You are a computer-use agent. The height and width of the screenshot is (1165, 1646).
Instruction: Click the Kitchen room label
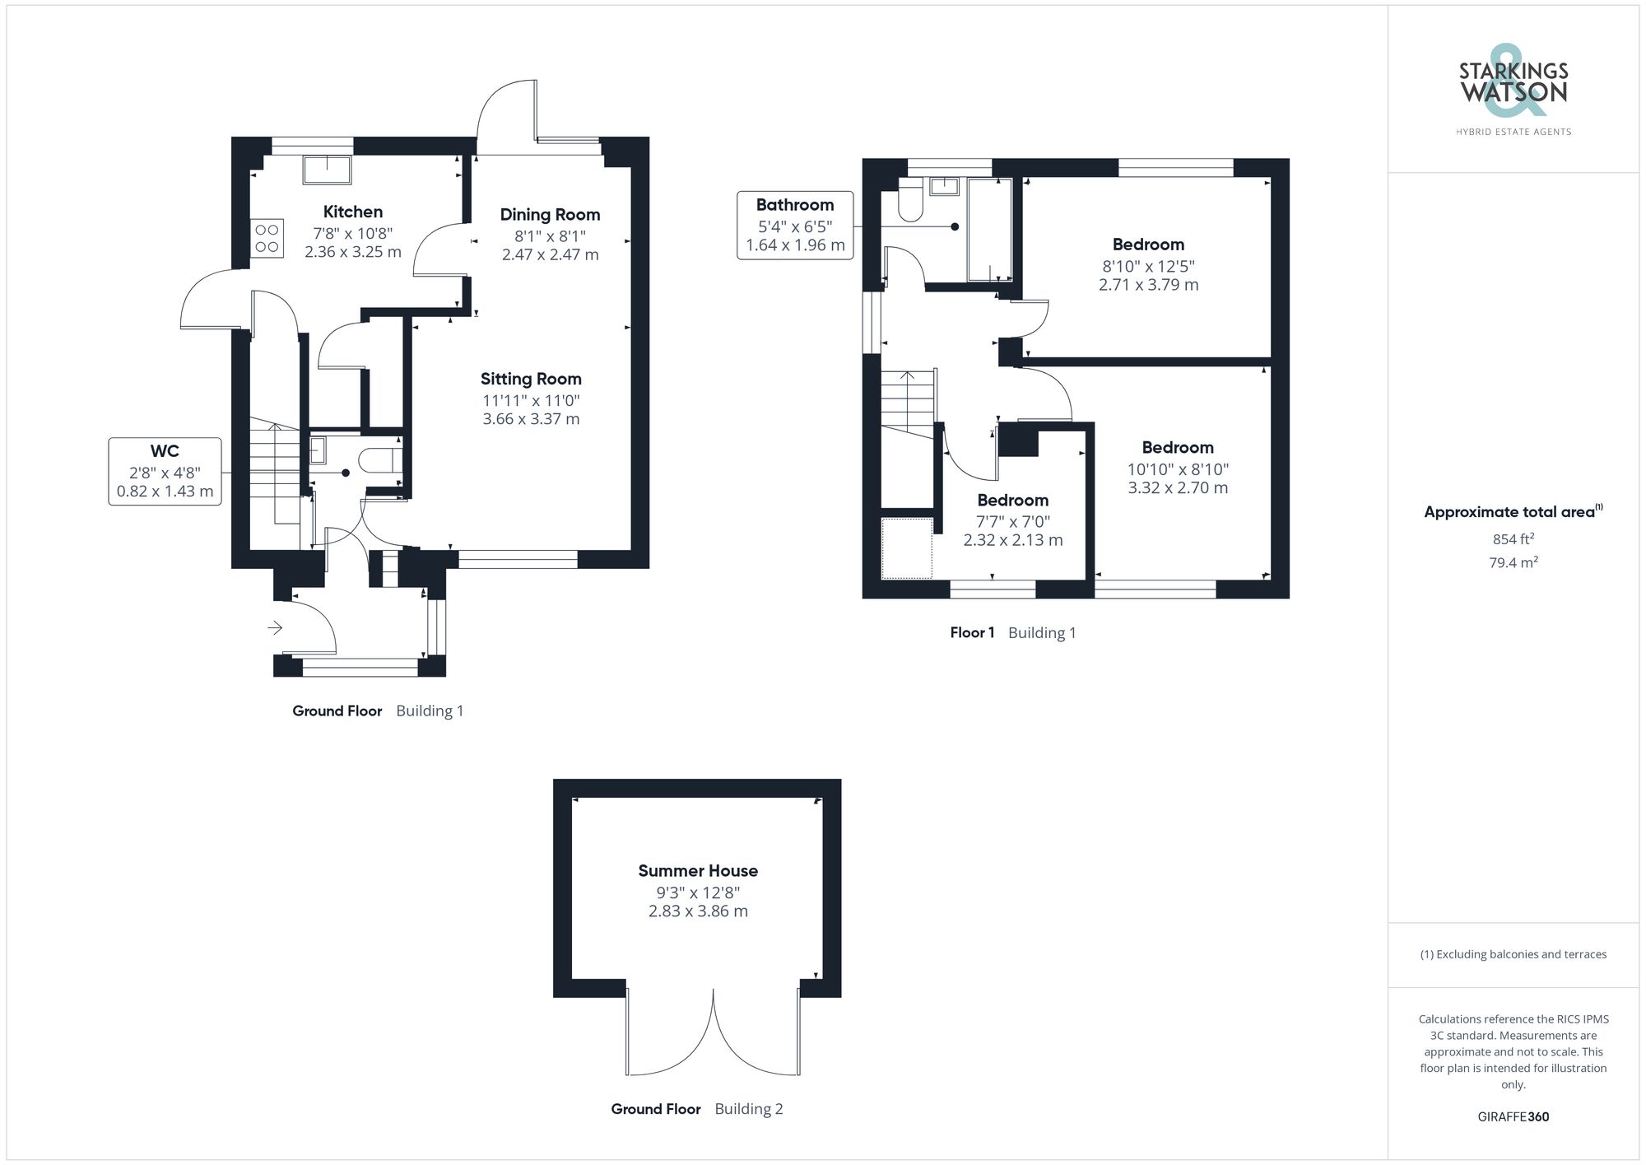pos(352,212)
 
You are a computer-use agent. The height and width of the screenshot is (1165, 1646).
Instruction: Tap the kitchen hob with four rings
pos(267,238)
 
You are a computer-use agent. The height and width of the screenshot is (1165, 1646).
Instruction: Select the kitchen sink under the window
pos(327,170)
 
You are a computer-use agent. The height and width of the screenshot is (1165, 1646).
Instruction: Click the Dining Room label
pos(550,215)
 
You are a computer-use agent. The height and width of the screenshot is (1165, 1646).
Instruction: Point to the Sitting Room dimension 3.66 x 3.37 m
pos(531,419)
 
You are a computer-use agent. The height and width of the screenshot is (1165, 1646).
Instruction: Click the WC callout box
pos(165,472)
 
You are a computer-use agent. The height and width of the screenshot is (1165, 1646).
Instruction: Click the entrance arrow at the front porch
pos(275,628)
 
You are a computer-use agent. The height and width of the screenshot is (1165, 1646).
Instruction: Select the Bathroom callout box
pos(795,225)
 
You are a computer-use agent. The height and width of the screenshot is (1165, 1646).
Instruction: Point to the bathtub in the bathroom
pos(989,229)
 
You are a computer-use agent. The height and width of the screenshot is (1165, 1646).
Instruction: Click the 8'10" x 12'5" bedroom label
pos(1148,245)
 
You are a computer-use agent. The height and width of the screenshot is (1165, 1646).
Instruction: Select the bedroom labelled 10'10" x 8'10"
pos(1178,448)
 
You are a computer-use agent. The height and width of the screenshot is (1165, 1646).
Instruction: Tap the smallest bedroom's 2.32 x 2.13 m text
pos(1013,541)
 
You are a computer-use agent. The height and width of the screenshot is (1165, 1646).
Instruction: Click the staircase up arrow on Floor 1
pos(907,378)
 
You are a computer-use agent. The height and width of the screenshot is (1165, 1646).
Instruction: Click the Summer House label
pos(698,871)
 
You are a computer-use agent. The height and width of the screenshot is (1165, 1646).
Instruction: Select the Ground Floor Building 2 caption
pos(696,1109)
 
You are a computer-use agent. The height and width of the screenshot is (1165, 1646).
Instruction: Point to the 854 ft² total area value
pos(1513,539)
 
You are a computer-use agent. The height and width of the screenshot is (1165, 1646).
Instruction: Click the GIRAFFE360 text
pos(1513,1117)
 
